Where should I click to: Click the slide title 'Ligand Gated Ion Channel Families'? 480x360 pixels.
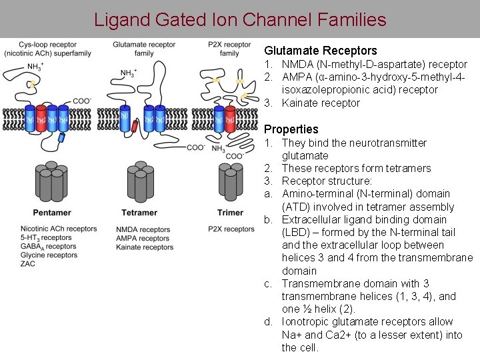(x=240, y=19)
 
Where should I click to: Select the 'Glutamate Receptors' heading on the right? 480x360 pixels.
(x=320, y=51)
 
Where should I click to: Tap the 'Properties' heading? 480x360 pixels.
(x=291, y=129)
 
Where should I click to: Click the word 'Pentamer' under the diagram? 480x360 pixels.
(x=51, y=213)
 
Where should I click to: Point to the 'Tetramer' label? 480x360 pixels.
(x=139, y=213)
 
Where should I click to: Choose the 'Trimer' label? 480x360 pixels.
(x=230, y=213)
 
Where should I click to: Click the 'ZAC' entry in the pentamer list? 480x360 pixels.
(x=28, y=264)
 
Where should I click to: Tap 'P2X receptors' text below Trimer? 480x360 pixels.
(x=231, y=229)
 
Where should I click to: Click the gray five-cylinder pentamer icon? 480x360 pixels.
(x=51, y=181)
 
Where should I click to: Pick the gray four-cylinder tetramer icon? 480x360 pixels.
(x=140, y=181)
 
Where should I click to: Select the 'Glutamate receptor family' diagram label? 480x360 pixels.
(x=144, y=49)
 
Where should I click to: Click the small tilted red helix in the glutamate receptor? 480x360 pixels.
(x=135, y=127)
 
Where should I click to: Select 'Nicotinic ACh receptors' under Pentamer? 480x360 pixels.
(x=59, y=229)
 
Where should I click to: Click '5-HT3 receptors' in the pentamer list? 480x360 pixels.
(x=46, y=238)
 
